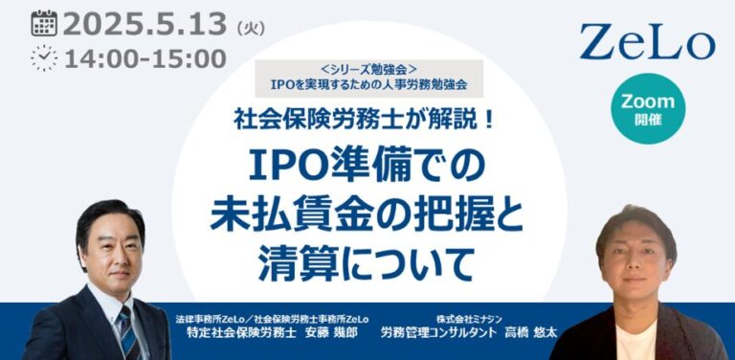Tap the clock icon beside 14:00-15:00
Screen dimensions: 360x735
43,57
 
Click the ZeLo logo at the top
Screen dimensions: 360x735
647,42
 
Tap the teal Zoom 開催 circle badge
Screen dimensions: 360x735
647,108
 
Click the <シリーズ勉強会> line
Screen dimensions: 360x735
368,69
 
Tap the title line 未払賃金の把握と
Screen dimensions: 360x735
368,211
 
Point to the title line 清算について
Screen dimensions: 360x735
367,257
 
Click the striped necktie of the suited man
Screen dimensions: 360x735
125,329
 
